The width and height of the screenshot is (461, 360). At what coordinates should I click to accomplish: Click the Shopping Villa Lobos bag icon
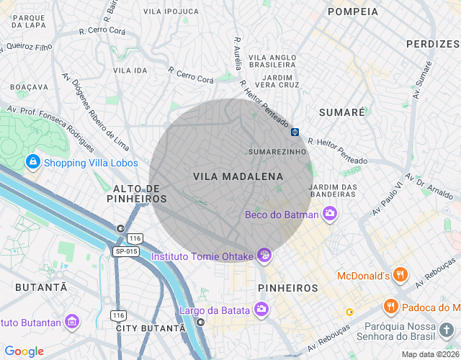point(32,162)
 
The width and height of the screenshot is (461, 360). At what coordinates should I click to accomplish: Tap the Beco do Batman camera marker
point(330,213)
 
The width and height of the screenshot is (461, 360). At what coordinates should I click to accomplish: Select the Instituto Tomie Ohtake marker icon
point(264,256)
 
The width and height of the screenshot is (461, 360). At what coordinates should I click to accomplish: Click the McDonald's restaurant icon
point(401,275)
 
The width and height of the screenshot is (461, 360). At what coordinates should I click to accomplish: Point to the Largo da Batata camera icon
point(261,310)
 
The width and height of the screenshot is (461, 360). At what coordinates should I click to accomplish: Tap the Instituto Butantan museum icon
point(71,322)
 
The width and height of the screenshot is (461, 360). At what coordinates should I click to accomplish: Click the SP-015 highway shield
point(125,251)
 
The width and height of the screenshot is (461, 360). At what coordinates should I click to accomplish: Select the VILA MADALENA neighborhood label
point(238,176)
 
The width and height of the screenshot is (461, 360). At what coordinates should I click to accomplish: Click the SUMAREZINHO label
point(277,152)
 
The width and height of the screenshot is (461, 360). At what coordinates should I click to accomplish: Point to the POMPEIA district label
point(352,12)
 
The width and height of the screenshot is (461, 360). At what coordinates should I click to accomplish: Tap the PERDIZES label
point(432,44)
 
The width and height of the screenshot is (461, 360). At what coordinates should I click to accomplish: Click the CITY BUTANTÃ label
point(151,328)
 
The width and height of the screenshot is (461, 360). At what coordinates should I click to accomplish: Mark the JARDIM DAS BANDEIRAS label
point(333,191)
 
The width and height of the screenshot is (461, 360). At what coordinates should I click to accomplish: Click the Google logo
point(24,351)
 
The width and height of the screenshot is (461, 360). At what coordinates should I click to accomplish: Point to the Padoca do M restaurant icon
point(391,305)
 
